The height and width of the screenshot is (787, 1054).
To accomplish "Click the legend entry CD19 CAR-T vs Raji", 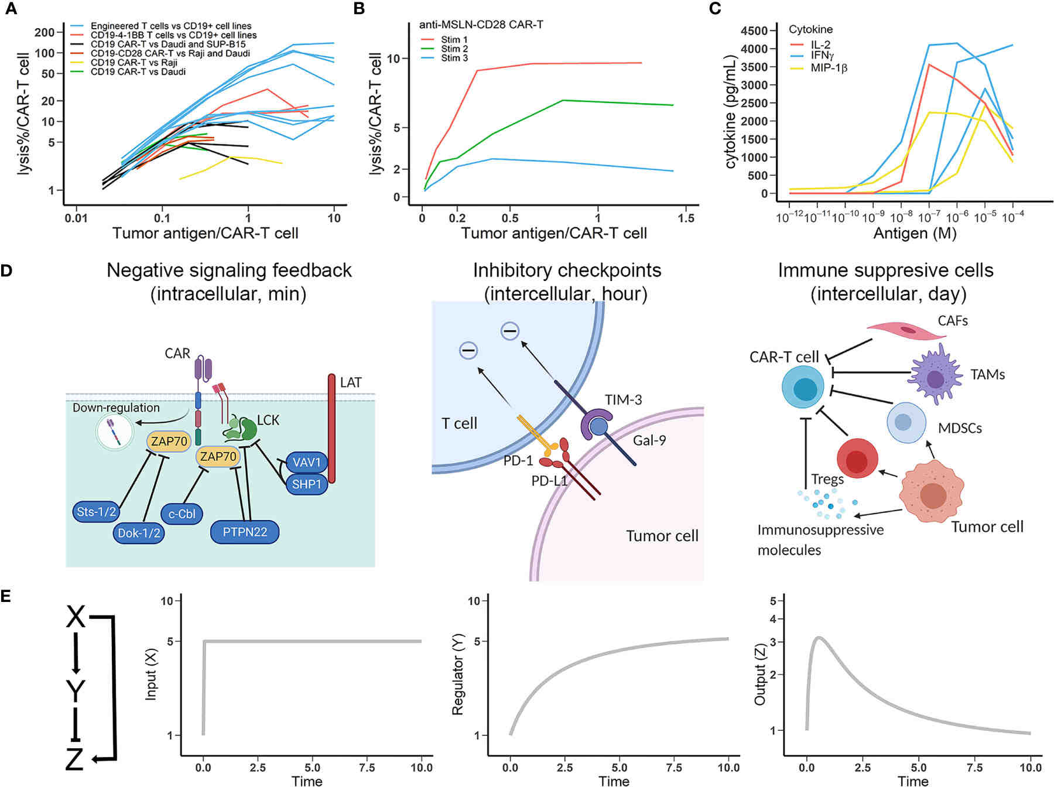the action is [x=134, y=63].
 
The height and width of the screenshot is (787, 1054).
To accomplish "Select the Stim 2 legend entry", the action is [x=454, y=49].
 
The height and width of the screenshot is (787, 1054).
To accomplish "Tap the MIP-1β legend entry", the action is [x=829, y=68].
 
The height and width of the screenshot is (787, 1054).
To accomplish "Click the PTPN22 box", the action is [x=245, y=532].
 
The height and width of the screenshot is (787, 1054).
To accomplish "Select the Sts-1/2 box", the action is [x=97, y=512].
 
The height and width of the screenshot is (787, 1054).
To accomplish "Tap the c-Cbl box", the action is [x=182, y=514].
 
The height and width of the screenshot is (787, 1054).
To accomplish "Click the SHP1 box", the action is [x=307, y=484].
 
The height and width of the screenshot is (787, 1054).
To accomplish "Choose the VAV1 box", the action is [x=307, y=463].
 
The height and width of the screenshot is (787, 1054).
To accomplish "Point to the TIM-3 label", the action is [x=623, y=400].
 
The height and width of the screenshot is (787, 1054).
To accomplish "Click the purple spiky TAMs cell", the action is [x=935, y=375].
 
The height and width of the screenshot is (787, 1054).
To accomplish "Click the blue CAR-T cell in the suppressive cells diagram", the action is [x=803, y=387].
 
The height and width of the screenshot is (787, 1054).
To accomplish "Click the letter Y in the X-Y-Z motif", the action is [x=76, y=691].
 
